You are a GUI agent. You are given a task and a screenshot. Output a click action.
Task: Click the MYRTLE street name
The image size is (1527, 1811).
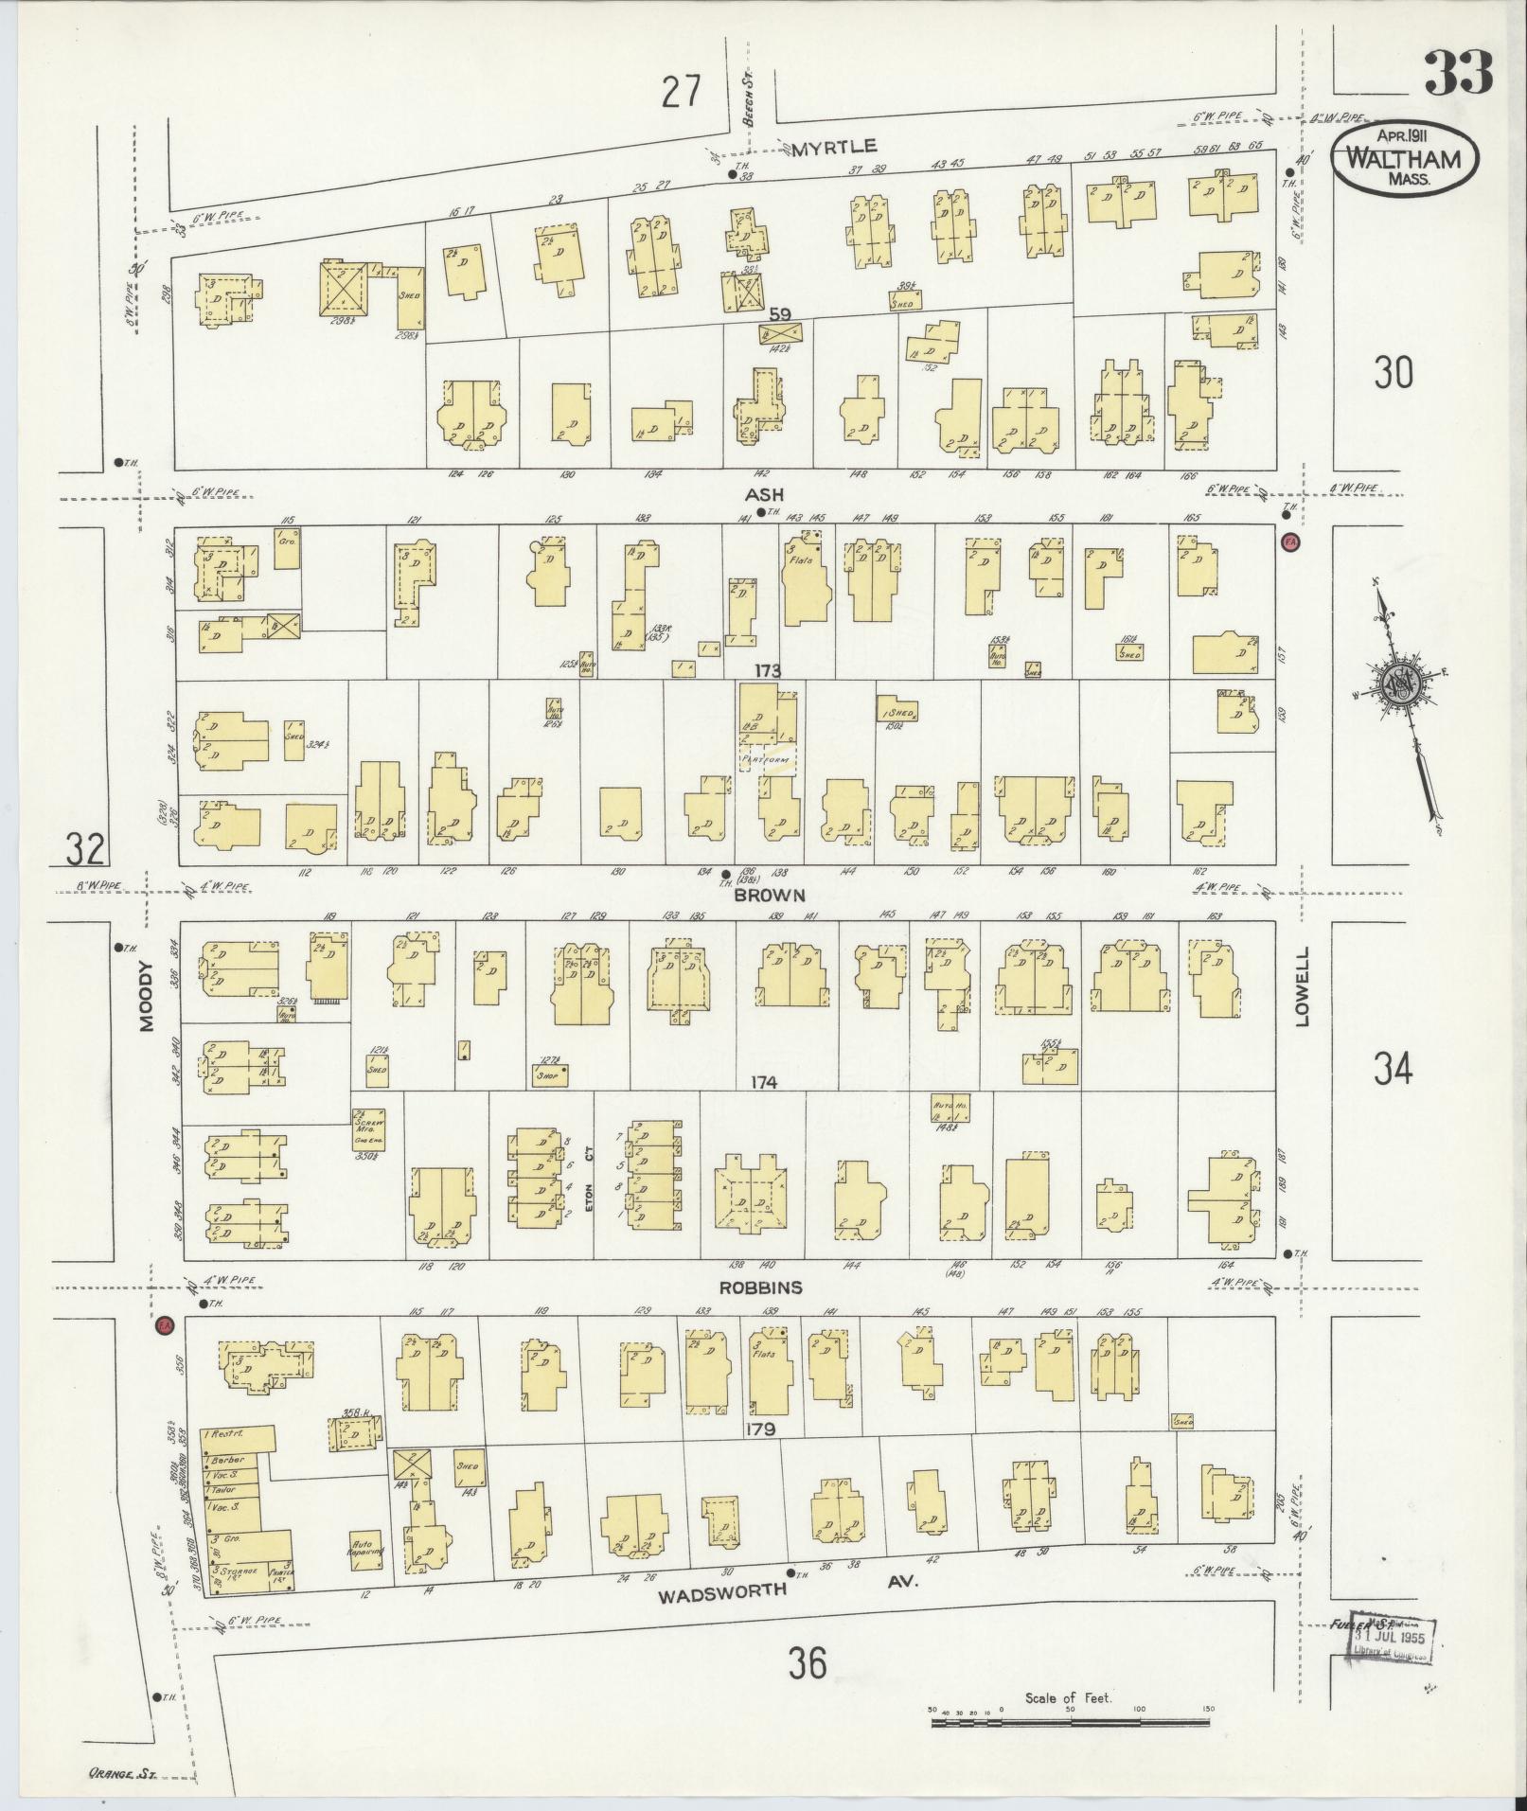834,146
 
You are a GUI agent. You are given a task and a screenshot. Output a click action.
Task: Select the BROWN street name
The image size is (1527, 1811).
773,895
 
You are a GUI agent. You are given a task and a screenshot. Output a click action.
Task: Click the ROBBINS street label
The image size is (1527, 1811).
760,1287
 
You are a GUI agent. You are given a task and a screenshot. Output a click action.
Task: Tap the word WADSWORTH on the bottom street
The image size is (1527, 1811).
722,1590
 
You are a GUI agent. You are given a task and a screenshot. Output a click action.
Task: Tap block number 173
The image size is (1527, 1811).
767,671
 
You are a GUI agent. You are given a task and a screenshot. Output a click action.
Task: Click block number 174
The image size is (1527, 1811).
763,1082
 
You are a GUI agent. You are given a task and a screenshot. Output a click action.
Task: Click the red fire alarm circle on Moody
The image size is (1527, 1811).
164,1323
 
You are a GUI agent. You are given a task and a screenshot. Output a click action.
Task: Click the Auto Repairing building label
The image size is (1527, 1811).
365,1546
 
